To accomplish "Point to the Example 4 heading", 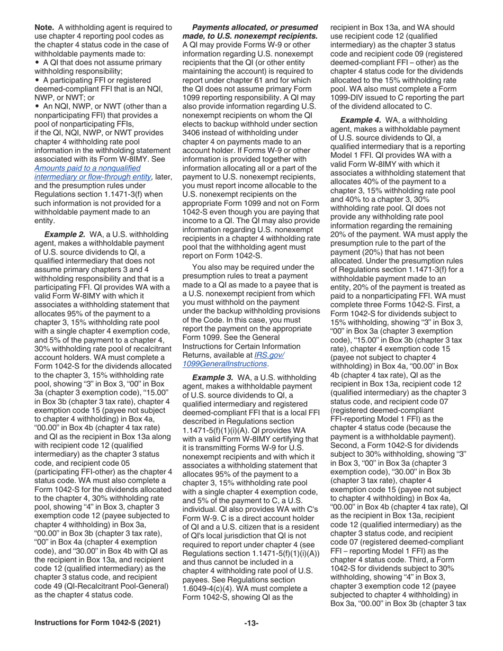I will click(361, 120).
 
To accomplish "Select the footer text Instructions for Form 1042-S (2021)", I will click(97, 623).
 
